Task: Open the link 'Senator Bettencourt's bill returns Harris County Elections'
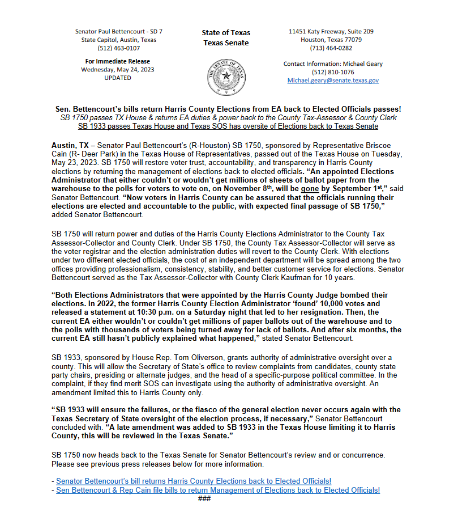tap(194, 481)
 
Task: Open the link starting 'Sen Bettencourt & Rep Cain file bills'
tap(218, 490)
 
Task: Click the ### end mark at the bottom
tap(204, 498)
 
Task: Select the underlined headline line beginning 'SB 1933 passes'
tap(228, 126)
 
